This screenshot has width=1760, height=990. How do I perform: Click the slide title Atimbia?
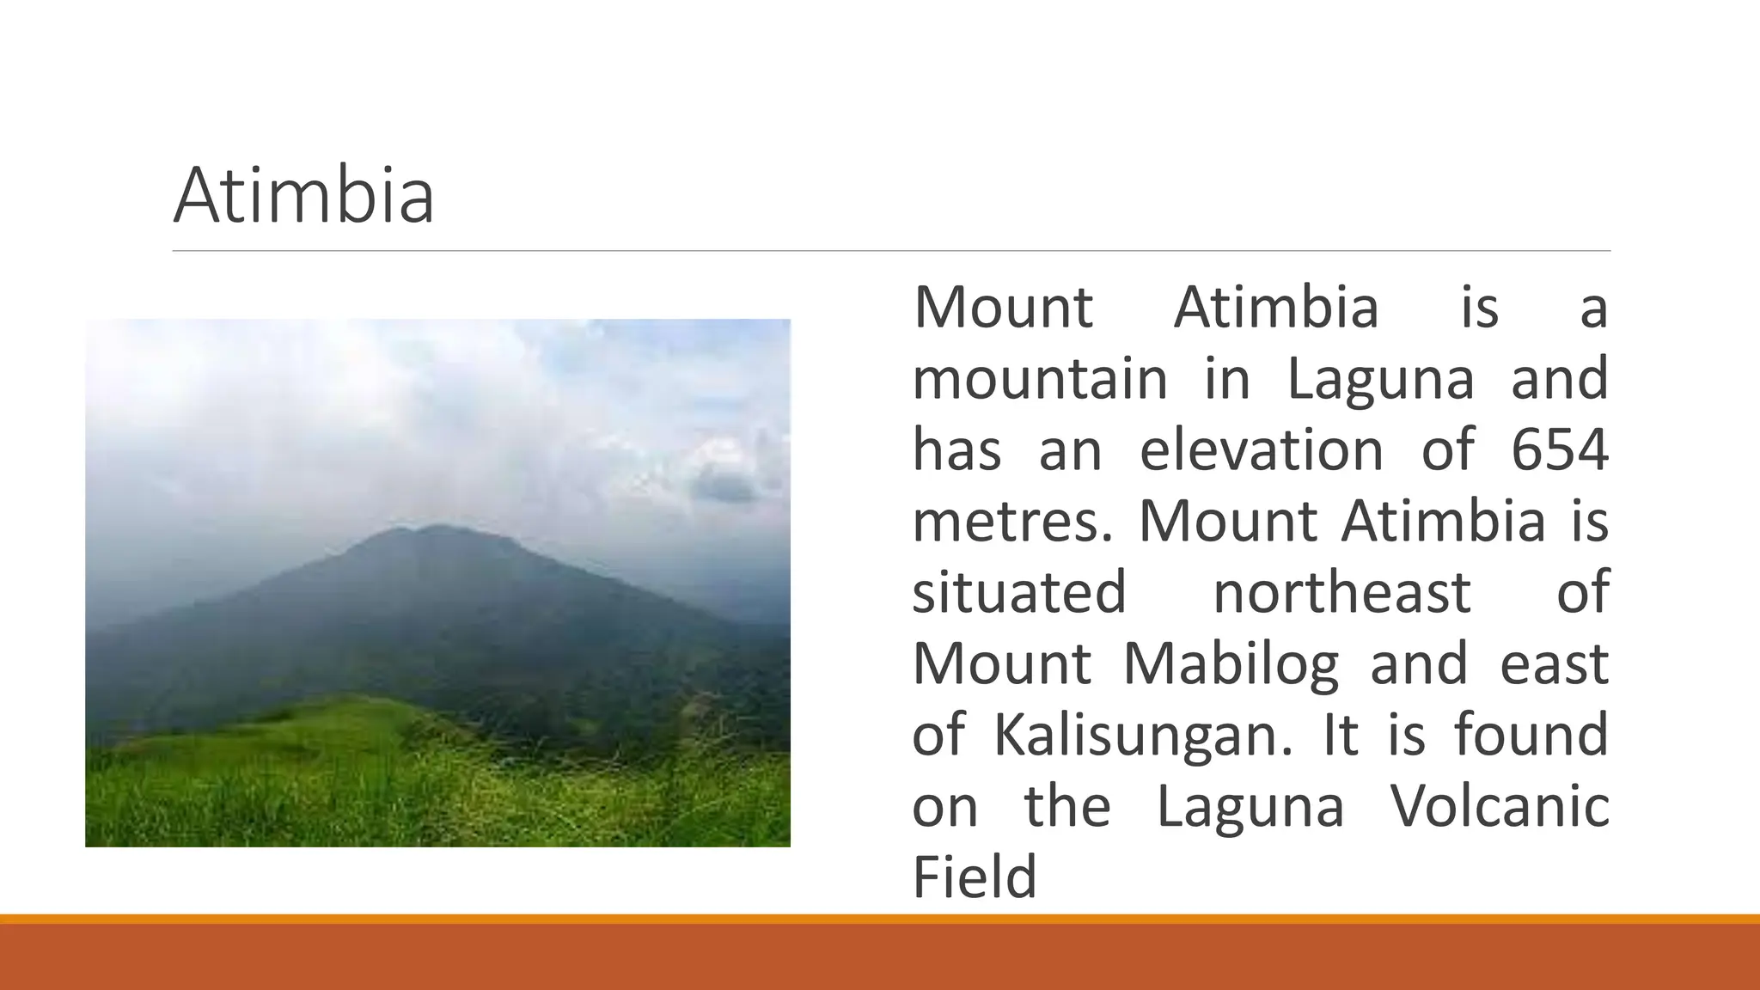pos(303,197)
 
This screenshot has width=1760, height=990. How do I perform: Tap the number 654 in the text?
pos(1559,449)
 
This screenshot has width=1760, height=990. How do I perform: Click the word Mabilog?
pos(1231,664)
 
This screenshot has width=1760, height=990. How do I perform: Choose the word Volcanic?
pos(1500,807)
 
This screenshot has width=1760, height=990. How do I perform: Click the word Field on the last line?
pos(975,877)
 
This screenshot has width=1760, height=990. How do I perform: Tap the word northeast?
pos(1341,593)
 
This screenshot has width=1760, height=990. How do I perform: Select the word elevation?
pos(1262,449)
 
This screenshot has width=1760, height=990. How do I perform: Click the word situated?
pos(1019,593)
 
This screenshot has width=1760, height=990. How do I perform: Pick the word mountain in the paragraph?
pos(1040,379)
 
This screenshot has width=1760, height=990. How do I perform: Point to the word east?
pos(1554,664)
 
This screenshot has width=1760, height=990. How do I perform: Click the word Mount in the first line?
pos(1003,308)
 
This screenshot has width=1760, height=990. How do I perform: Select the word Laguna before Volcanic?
pos(1250,807)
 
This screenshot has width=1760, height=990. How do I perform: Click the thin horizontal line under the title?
pos(891,251)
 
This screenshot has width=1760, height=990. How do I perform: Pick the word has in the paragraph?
pos(956,449)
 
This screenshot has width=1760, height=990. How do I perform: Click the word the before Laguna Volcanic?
pos(1067,807)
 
